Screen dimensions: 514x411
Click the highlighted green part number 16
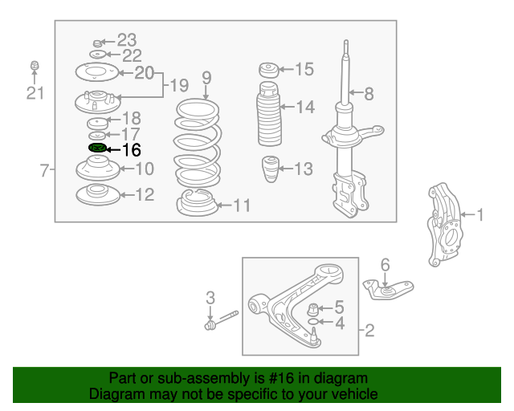click(x=97, y=149)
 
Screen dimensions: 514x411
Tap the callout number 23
click(x=127, y=40)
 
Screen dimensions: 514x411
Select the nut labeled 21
click(x=35, y=65)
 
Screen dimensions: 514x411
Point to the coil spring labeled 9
click(x=198, y=143)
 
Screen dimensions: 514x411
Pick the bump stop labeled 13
click(x=271, y=169)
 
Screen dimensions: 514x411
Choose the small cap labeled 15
click(x=269, y=70)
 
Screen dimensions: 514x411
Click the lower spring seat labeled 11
click(x=198, y=202)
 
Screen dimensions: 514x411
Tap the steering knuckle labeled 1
click(x=444, y=224)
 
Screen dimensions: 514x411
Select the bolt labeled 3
click(x=222, y=320)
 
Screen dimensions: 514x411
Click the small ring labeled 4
click(x=313, y=322)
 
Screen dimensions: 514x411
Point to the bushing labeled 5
click(x=313, y=309)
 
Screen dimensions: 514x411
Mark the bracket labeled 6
click(x=389, y=289)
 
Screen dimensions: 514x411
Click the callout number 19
click(x=179, y=86)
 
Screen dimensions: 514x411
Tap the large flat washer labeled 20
click(x=96, y=71)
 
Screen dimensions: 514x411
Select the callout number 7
click(x=44, y=170)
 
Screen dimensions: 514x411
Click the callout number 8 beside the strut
click(x=369, y=94)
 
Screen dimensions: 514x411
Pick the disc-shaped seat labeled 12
click(x=98, y=195)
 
